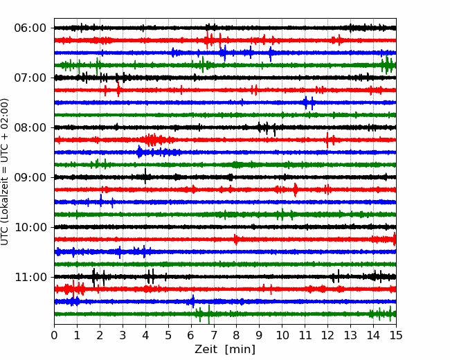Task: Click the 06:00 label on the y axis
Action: click(x=30, y=28)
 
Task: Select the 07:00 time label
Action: click(x=30, y=78)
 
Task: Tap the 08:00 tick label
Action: click(x=30, y=127)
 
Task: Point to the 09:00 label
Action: click(x=30, y=177)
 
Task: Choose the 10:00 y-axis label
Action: click(x=30, y=227)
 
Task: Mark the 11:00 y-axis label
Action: click(x=30, y=277)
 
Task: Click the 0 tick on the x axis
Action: click(x=54, y=335)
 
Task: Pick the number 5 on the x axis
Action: click(x=168, y=335)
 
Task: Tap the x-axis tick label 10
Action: click(x=282, y=335)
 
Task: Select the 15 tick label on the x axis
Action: click(x=396, y=335)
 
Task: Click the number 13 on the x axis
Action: click(x=350, y=335)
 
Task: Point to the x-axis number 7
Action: click(x=214, y=335)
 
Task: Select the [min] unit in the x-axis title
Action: click(x=240, y=350)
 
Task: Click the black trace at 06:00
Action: click(x=225, y=28)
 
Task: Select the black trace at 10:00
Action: click(x=225, y=227)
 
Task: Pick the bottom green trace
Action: click(x=225, y=314)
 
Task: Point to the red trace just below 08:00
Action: click(x=225, y=140)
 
